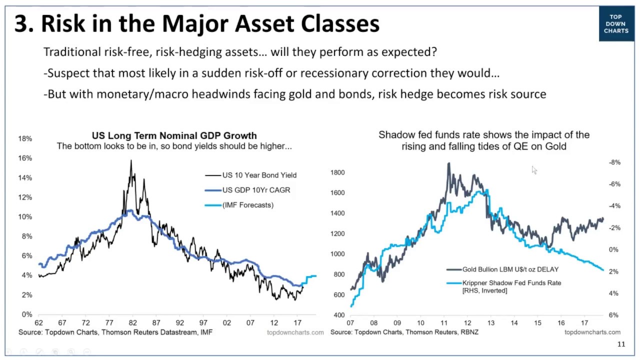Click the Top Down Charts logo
tap(616, 24)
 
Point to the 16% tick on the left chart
tap(25, 158)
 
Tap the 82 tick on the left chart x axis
tap(132, 323)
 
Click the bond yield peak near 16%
tap(131, 161)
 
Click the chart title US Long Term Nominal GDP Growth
tap(174, 135)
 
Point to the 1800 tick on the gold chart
tap(337, 172)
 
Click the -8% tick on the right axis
tap(614, 162)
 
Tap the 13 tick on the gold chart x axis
tap(490, 323)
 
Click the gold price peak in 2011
tap(448, 163)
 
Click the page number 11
tap(621, 344)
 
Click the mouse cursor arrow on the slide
tap(534, 170)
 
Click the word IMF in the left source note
tap(206, 332)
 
